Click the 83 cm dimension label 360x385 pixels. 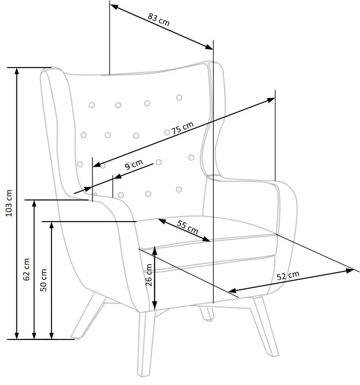[159, 20]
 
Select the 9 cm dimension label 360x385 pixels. [134, 165]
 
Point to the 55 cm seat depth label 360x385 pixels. [187, 227]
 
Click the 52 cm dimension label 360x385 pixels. [288, 275]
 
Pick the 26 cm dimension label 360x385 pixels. [149, 275]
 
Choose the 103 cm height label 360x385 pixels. [9, 203]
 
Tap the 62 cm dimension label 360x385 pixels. [26, 269]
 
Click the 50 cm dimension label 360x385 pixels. [43, 280]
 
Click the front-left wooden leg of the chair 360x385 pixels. [147, 344]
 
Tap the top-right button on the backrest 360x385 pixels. [179, 98]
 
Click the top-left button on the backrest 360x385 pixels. [92, 105]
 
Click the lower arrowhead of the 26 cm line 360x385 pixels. [154, 305]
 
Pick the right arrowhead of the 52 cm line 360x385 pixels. [350, 271]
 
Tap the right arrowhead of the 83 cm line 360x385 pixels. [209, 47]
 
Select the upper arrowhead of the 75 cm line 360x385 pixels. [271, 100]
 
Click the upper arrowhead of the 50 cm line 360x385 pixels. [51, 226]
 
